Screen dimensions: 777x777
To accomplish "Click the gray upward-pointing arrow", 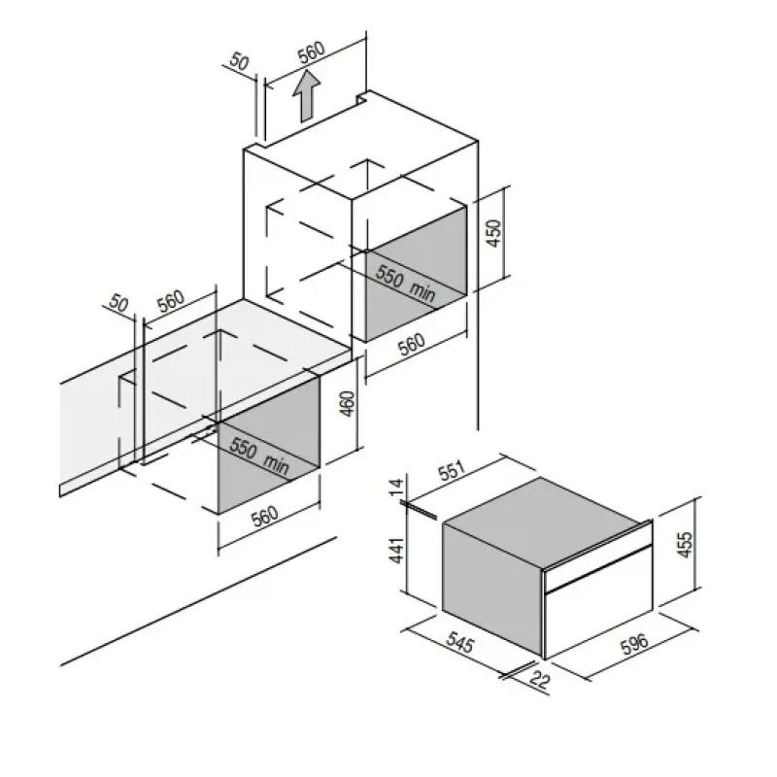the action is point(306,95).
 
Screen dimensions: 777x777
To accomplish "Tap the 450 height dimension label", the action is point(494,233).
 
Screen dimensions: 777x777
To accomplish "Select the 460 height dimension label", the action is point(348,404).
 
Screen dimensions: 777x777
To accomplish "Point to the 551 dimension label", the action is point(452,470).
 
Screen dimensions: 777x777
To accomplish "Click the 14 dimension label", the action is point(396,488).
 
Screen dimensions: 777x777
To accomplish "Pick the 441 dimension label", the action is point(396,550).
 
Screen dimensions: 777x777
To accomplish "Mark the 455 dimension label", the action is point(685,544).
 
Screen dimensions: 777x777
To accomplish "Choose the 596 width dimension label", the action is point(634,643).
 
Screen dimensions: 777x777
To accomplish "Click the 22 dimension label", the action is point(540,680).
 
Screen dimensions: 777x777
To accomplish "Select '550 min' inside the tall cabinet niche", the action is point(405,283).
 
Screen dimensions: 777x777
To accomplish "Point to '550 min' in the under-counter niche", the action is point(259,456).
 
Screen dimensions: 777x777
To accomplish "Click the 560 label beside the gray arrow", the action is point(311,52).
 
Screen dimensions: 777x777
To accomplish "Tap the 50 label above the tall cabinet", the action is point(239,62).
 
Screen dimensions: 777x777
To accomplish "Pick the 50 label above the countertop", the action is point(118,303).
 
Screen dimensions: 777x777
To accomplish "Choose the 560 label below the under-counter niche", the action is point(265,517).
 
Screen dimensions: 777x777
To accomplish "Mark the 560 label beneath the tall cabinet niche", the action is point(412,345).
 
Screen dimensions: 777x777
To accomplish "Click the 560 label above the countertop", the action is point(171,300).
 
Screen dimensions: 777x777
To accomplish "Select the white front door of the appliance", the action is point(598,603).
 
